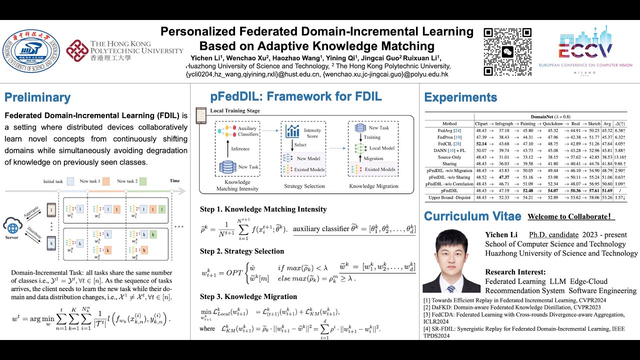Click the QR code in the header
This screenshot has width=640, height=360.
click(507, 51)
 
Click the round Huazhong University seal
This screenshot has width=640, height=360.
click(31, 51)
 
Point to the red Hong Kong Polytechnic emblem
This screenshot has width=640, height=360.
click(77, 51)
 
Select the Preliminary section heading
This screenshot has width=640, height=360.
click(37, 97)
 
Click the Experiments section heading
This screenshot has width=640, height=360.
click(460, 97)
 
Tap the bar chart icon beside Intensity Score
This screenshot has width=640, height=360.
click(292, 131)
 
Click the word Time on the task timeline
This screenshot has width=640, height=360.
click(174, 181)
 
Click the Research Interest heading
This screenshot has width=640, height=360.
click(515, 272)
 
